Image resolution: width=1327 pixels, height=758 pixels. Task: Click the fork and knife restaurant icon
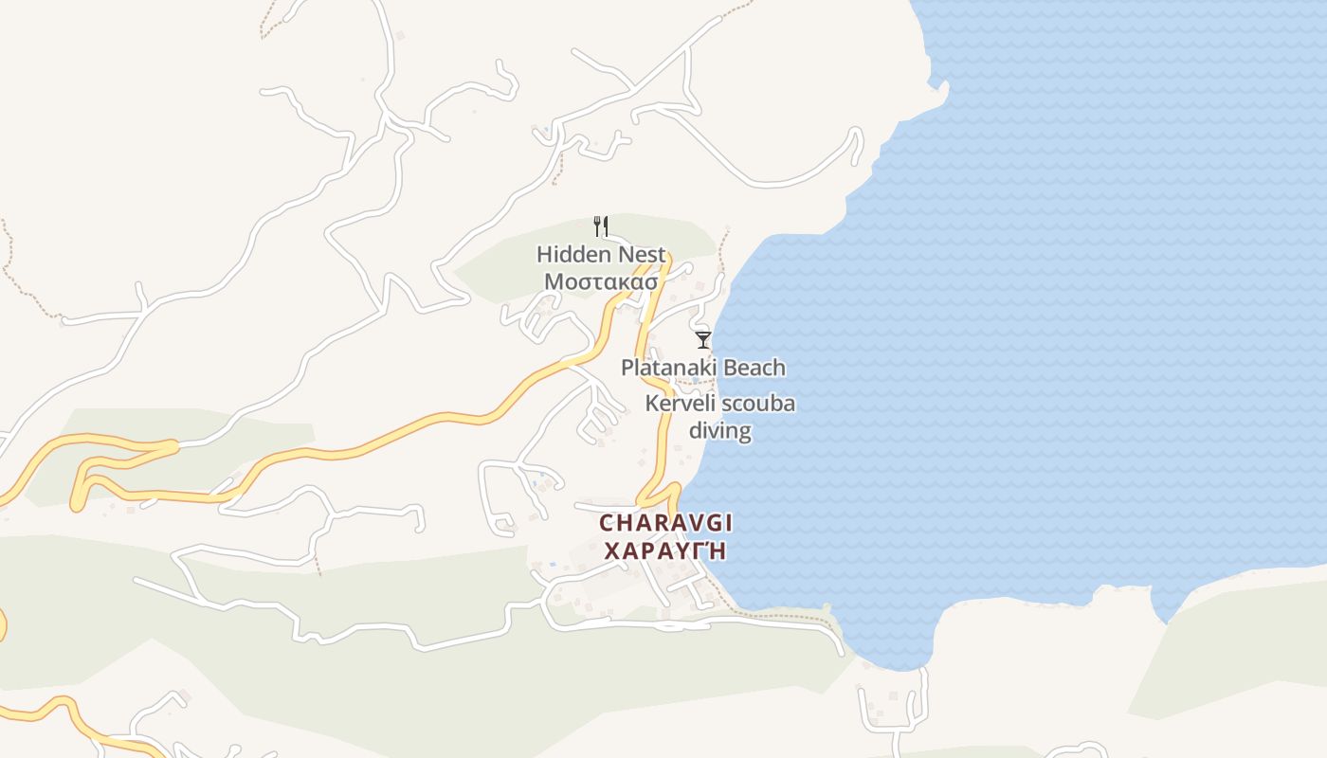click(x=600, y=226)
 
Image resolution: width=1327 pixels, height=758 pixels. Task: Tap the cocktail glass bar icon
click(x=702, y=339)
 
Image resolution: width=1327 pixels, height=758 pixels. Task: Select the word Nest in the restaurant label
click(x=642, y=254)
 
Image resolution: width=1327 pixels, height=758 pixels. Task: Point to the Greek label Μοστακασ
click(x=600, y=281)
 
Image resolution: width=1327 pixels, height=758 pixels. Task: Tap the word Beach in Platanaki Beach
click(x=754, y=368)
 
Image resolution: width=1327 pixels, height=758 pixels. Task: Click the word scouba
click(x=758, y=404)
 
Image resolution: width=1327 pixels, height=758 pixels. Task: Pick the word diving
click(x=719, y=430)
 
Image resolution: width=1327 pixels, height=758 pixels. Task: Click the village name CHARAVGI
click(x=666, y=523)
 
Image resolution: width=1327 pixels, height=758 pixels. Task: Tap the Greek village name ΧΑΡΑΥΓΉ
click(x=665, y=550)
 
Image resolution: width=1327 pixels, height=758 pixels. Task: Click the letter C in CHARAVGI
click(x=608, y=523)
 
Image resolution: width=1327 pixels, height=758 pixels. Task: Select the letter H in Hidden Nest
click(x=544, y=254)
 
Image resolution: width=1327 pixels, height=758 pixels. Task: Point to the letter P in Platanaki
click(x=627, y=368)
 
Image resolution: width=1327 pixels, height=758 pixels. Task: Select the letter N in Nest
click(x=626, y=254)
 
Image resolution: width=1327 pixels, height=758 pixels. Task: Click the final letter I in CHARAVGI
click(x=729, y=523)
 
